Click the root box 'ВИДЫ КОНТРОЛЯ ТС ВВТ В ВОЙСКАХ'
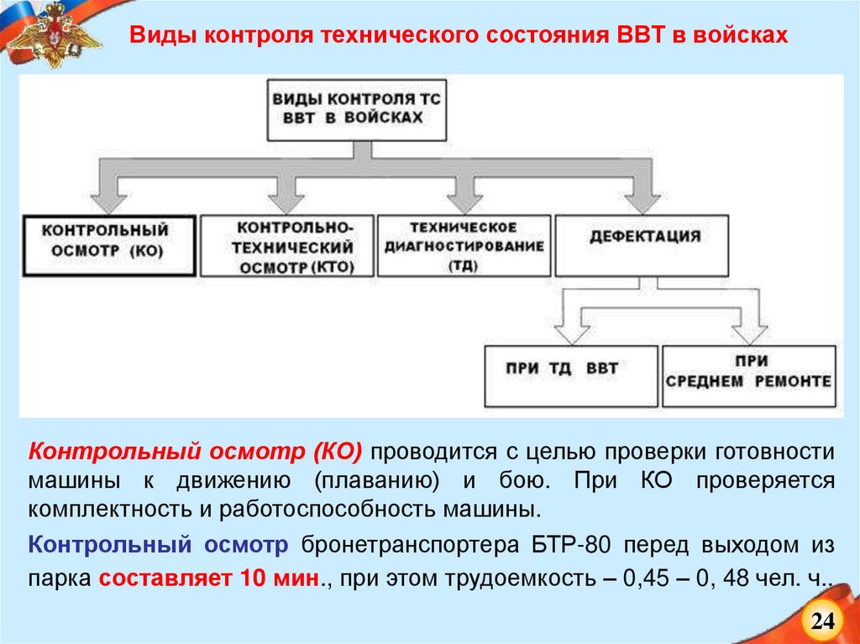pos(355,109)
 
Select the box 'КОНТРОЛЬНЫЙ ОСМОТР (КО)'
pos(109,244)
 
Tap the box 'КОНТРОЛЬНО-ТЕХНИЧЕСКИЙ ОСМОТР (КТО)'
pos(286,247)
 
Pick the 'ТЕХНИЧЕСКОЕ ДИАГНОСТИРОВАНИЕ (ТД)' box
pos(464,245)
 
